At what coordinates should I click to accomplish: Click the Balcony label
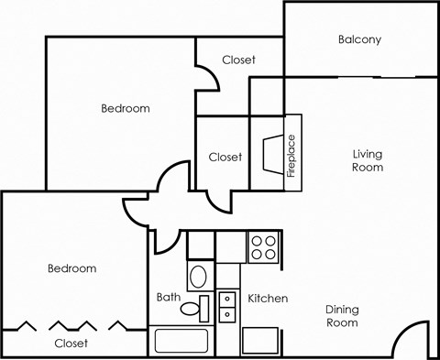coord(359,39)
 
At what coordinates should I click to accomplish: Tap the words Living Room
coord(368,160)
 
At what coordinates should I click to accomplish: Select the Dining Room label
coord(342,316)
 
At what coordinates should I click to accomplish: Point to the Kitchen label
coord(268,299)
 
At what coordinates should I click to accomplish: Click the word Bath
coord(168,297)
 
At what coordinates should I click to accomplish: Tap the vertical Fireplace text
coord(292,152)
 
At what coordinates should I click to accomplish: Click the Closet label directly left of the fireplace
coord(225,157)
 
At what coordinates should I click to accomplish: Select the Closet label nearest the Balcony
coord(239,60)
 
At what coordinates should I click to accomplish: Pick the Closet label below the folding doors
coord(71,344)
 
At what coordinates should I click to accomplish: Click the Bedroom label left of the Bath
coord(71,268)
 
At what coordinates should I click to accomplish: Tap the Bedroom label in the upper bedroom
coord(125,108)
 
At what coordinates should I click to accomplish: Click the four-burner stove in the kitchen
coord(263,246)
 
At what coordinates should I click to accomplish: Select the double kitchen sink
coord(226,306)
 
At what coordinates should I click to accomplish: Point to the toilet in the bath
coord(198,275)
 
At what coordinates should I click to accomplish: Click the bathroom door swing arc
coord(167,240)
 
